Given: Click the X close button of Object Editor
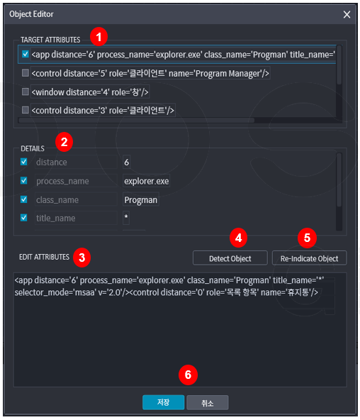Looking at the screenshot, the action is (x=347, y=14).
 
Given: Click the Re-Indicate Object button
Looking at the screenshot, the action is (x=309, y=258).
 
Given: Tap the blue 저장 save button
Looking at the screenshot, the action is (x=164, y=402).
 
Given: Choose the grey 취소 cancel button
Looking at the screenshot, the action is (x=208, y=402).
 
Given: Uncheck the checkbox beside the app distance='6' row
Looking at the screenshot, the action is (x=26, y=54).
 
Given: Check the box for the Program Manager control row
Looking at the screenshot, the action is (x=26, y=73).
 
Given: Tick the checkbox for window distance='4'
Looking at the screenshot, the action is (x=26, y=92).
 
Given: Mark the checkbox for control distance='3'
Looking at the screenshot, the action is (x=26, y=110).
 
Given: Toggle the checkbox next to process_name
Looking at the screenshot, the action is (x=24, y=180).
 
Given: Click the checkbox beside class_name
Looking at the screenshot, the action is (x=24, y=199).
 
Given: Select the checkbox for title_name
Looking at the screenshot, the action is (x=24, y=218).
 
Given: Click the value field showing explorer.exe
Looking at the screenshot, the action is (x=146, y=181).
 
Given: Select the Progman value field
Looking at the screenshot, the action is (x=141, y=200).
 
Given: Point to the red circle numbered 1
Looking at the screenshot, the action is (x=99, y=37).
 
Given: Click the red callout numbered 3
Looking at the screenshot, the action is (x=81, y=258).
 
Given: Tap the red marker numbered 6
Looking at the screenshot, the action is (x=188, y=375).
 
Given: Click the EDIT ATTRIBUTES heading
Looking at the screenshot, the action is (x=44, y=257).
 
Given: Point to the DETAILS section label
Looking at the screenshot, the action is (x=33, y=149).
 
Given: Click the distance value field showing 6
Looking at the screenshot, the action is (x=127, y=162).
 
